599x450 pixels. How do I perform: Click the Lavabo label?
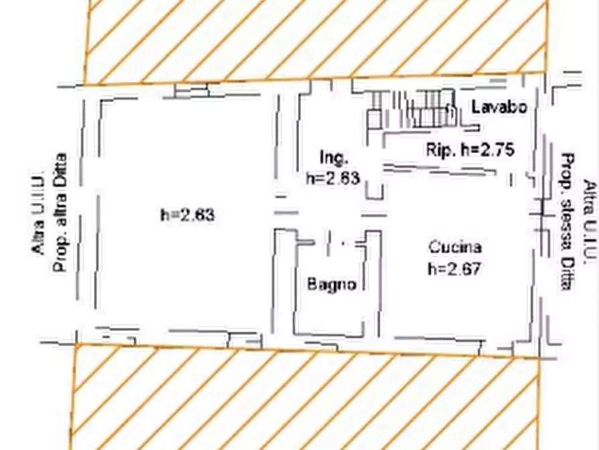tap(499, 107)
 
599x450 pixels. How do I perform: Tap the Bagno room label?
tap(331, 284)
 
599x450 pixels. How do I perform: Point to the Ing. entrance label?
tap(333, 158)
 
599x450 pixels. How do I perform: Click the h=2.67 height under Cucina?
tap(454, 269)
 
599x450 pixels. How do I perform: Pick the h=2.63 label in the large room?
tap(188, 215)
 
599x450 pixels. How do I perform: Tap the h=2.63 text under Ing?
tap(333, 178)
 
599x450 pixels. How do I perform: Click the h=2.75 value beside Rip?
tap(488, 150)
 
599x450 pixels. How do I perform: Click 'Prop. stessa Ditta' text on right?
tap(567, 222)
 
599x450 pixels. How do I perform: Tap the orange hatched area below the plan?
tap(306, 398)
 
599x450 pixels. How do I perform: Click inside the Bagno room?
tap(329, 306)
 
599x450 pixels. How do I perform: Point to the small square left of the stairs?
tap(375, 119)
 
